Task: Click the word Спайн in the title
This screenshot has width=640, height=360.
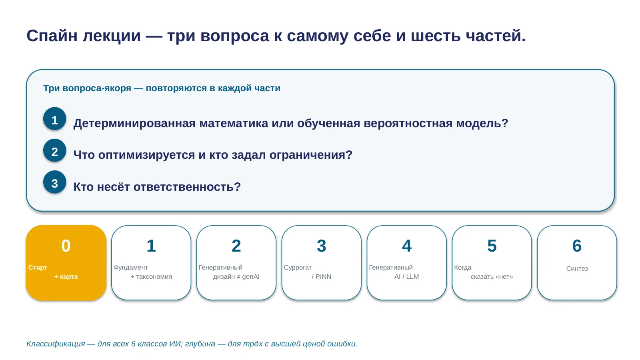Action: pyautogui.click(x=52, y=36)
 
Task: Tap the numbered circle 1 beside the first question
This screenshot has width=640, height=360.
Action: pyautogui.click(x=54, y=119)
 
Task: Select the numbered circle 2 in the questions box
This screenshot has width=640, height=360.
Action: pyautogui.click(x=54, y=150)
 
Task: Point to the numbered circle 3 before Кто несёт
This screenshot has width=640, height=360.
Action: pyautogui.click(x=54, y=182)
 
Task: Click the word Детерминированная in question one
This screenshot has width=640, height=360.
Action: pyautogui.click(x=134, y=124)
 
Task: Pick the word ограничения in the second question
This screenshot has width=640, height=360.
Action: pyautogui.click(x=311, y=155)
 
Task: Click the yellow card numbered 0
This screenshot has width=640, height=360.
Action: pyautogui.click(x=66, y=262)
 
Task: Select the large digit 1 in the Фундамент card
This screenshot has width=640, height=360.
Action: pyautogui.click(x=151, y=246)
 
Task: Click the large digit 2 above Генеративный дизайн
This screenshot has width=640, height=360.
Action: pyautogui.click(x=236, y=246)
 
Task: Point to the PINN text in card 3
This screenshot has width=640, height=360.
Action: pyautogui.click(x=324, y=276)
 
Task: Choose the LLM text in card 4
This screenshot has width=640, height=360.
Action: pyautogui.click(x=412, y=276)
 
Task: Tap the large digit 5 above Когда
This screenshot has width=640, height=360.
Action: pyautogui.click(x=492, y=246)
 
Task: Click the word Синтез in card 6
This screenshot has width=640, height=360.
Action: pyautogui.click(x=577, y=268)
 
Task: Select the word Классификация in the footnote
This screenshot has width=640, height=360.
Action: pyautogui.click(x=56, y=344)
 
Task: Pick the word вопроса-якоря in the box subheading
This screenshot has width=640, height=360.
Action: pyautogui.click(x=97, y=88)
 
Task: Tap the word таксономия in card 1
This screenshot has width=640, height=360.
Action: pyautogui.click(x=154, y=276)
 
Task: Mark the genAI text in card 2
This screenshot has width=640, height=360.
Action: pyautogui.click(x=251, y=277)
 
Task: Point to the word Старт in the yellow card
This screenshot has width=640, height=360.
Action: pyautogui.click(x=38, y=268)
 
